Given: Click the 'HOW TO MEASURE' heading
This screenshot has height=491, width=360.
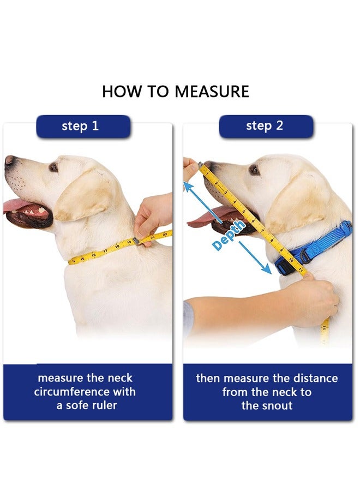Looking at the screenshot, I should (175, 91).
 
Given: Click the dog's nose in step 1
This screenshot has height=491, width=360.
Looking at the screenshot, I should (10, 160).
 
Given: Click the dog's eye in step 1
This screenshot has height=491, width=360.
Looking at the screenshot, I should (53, 167).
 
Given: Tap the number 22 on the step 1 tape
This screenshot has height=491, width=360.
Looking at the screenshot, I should (165, 235).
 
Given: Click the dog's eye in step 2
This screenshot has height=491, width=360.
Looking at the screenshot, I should (254, 170).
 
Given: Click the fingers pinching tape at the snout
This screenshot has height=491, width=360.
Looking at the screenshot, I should (190, 167).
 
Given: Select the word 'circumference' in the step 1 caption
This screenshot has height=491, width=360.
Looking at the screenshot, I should (85, 392).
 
